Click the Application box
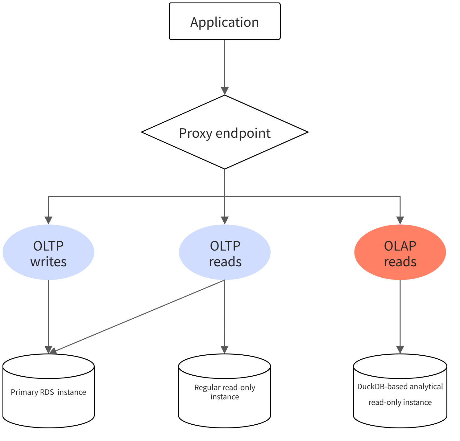click(x=225, y=21)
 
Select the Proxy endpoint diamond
click(x=225, y=132)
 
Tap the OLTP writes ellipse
click(x=48, y=252)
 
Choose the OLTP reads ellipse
click(x=225, y=252)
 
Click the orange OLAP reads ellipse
click(x=400, y=252)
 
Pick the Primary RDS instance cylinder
click(x=48, y=391)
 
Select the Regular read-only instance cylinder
click(x=225, y=391)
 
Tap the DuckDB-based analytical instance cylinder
click(x=400, y=391)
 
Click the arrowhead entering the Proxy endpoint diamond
click(x=225, y=91)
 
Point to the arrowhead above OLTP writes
click(x=48, y=220)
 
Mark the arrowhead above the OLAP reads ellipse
click(x=400, y=220)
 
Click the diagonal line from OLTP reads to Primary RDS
click(x=137, y=316)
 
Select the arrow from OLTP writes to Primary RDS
click(x=48, y=317)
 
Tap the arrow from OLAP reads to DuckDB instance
click(x=400, y=317)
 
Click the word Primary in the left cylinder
click(x=24, y=392)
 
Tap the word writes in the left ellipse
click(x=48, y=262)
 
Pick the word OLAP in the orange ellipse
click(x=400, y=246)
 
